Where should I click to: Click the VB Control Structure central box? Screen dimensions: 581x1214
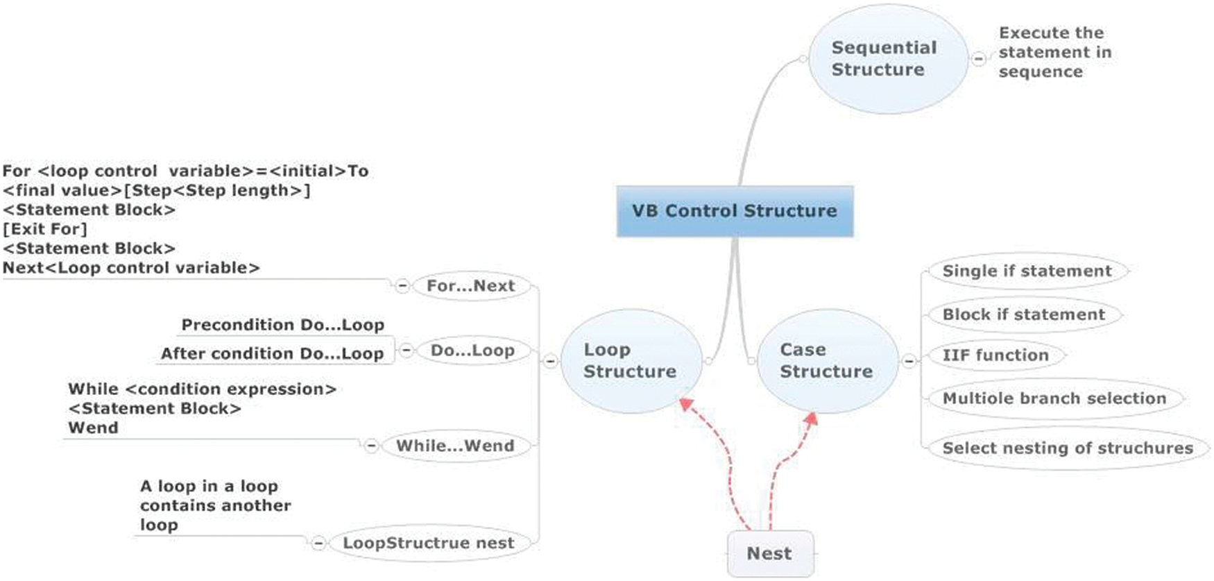pyautogui.click(x=735, y=211)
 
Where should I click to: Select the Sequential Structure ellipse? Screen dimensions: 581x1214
pyautogui.click(x=887, y=59)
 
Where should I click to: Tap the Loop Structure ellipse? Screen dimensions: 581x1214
pyautogui.click(x=630, y=360)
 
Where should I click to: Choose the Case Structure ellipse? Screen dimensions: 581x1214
pyautogui.click(x=826, y=360)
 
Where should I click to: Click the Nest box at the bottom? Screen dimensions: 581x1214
pyautogui.click(x=770, y=553)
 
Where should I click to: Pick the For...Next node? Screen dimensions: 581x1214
pyautogui.click(x=471, y=286)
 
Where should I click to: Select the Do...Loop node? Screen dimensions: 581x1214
pyautogui.click(x=472, y=351)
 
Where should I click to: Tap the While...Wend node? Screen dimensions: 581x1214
pyautogui.click(x=455, y=446)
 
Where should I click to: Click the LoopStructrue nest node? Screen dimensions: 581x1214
pyautogui.click(x=429, y=543)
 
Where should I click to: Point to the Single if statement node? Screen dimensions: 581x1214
pyautogui.click(x=1027, y=271)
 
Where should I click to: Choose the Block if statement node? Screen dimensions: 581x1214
pyautogui.click(x=1023, y=314)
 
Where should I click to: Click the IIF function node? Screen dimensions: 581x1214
pyautogui.click(x=995, y=355)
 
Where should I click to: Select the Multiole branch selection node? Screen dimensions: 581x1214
pyautogui.click(x=1054, y=398)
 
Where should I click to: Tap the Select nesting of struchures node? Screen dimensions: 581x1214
pyautogui.click(x=1067, y=448)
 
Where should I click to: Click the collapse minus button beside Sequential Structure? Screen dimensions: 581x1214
pyautogui.click(x=978, y=59)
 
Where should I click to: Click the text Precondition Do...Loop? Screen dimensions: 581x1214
pyautogui.click(x=282, y=325)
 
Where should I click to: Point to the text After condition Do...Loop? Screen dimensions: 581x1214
pyautogui.click(x=272, y=354)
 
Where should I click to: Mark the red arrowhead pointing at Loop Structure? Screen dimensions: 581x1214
pyautogui.click(x=686, y=404)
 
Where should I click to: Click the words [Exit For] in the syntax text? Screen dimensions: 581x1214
pyautogui.click(x=45, y=229)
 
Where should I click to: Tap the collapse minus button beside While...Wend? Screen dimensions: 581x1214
pyautogui.click(x=371, y=446)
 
